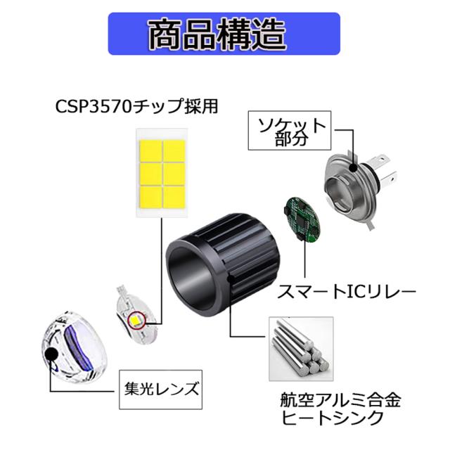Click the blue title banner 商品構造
(224, 34)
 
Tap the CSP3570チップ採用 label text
(136, 106)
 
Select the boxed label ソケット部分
(290, 131)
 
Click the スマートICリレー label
(347, 292)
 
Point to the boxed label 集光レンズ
(161, 390)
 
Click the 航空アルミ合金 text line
(340, 400)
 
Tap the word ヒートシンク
(332, 418)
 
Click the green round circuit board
(301, 219)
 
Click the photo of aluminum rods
(301, 349)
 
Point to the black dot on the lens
(51, 354)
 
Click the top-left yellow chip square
(150, 151)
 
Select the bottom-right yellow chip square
(174, 197)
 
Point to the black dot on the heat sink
(230, 278)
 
